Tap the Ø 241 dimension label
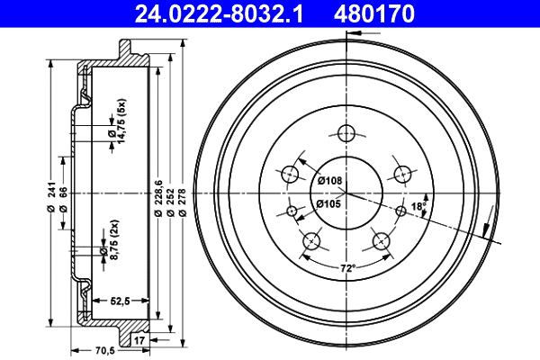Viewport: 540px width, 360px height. (42, 196)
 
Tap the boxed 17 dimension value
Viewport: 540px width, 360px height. (139, 340)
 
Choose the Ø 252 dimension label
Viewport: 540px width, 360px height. (170, 196)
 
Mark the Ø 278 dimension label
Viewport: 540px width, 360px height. (182, 196)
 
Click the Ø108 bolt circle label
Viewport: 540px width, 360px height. (330, 181)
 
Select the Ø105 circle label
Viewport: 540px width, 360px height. (330, 204)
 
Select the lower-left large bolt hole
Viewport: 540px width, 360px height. (311, 240)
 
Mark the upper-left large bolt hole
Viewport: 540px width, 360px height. (291, 174)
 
